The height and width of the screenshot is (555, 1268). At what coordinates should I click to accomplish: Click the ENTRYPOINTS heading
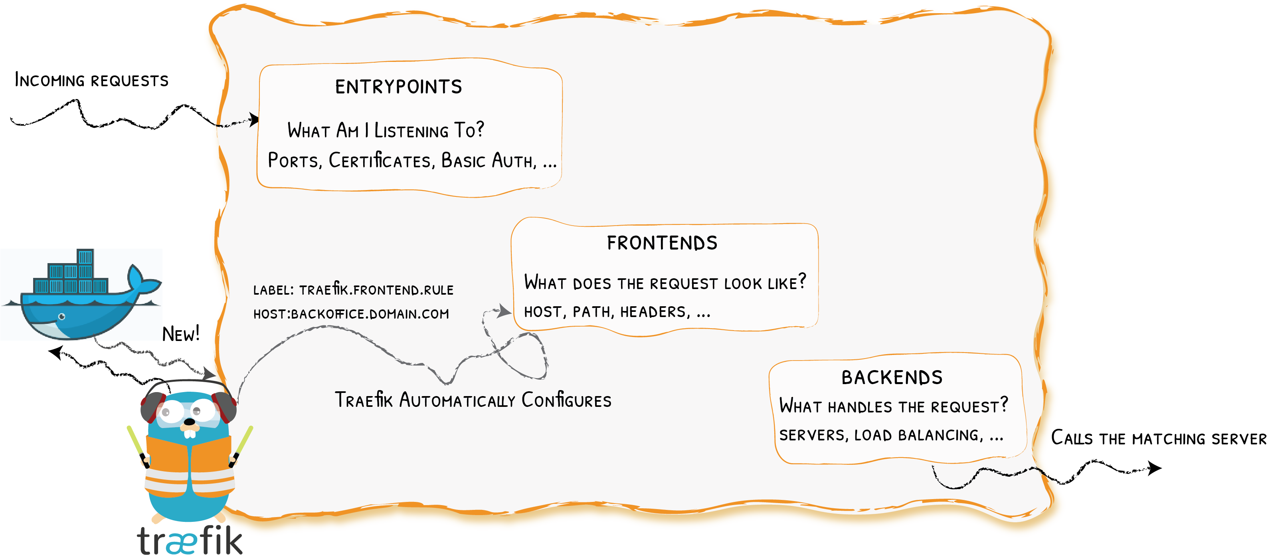point(399,87)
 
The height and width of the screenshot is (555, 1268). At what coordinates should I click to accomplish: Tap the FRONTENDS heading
point(662,243)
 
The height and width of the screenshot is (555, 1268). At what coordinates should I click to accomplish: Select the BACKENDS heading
point(892,378)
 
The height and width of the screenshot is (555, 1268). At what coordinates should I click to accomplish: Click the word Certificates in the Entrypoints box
point(380,161)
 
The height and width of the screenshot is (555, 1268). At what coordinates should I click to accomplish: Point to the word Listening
point(411,131)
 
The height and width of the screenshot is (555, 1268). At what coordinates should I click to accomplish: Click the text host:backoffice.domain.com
point(351,314)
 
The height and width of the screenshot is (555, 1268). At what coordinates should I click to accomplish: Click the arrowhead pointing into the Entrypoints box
point(253,119)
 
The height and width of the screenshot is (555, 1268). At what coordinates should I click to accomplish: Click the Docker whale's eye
point(62,316)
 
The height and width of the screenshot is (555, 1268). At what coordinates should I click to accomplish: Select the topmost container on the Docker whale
point(85,257)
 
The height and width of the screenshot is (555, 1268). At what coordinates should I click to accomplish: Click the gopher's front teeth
point(190,433)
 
